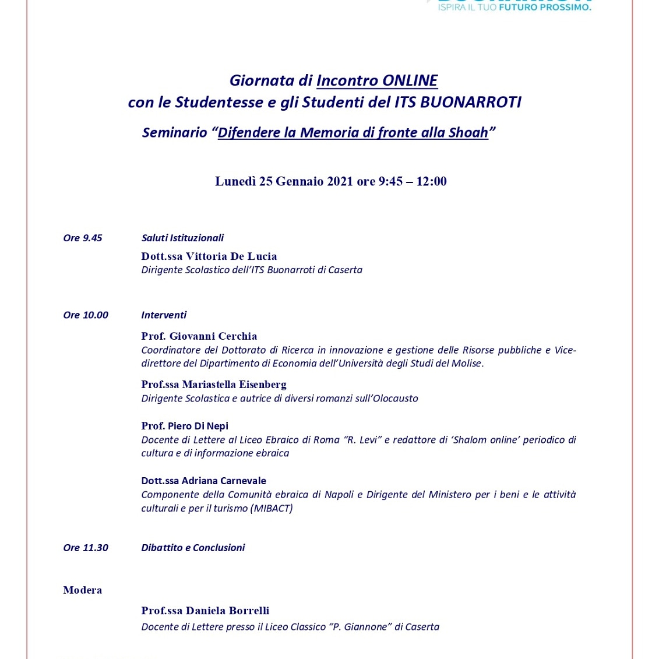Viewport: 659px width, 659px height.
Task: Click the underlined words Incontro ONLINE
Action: tap(377, 80)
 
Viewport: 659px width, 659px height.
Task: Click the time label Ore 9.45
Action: tap(83, 238)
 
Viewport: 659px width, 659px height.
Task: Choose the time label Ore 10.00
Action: tap(86, 315)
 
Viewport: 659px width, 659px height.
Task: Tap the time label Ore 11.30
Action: tap(86, 548)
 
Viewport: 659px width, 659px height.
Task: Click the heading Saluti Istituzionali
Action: tap(182, 238)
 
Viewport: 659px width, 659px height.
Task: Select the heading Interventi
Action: tap(164, 315)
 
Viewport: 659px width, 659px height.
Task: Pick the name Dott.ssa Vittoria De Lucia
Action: tap(209, 256)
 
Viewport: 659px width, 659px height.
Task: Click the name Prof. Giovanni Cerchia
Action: tap(199, 336)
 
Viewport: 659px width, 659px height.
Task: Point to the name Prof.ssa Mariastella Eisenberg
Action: tap(214, 385)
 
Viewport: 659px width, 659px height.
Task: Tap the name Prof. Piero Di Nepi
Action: tap(185, 426)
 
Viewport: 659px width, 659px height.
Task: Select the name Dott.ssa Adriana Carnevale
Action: tap(203, 481)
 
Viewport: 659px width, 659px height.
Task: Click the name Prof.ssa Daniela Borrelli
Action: tap(205, 611)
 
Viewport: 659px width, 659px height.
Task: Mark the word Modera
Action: tap(83, 590)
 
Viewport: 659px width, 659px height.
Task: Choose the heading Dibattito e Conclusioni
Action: tap(193, 548)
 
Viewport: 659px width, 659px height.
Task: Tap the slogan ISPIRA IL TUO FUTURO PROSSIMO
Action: tap(514, 8)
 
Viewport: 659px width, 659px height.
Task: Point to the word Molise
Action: tap(466, 364)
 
